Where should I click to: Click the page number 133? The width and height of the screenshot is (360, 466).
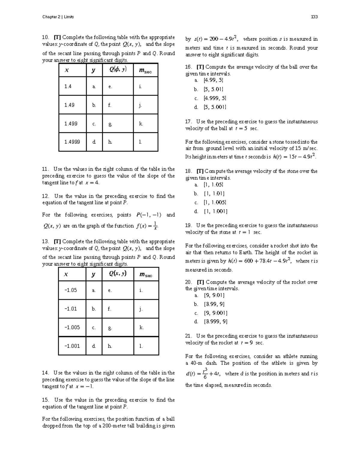(314, 17)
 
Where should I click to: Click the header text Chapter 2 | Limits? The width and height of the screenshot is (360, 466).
(58, 17)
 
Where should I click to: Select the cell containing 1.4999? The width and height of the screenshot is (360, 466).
(72, 142)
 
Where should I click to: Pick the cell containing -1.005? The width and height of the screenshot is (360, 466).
(72, 327)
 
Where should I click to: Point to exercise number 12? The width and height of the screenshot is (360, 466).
(45, 196)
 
